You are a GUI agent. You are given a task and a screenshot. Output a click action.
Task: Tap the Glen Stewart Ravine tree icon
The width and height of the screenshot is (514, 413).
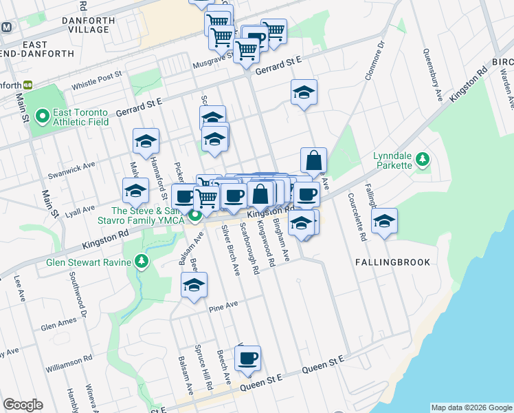tap(142, 262)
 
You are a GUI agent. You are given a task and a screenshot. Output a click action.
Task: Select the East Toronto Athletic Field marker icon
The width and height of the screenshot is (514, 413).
tap(41, 116)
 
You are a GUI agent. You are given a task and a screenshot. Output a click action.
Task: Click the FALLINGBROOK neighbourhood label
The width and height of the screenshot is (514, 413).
tap(393, 262)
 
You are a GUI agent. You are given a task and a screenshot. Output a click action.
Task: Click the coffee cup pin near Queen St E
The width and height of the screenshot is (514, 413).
tap(247, 359)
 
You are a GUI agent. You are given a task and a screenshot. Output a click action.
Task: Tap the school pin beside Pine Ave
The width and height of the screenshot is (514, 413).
tap(194, 285)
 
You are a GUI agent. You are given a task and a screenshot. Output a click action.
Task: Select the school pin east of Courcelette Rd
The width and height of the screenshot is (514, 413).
tap(385, 222)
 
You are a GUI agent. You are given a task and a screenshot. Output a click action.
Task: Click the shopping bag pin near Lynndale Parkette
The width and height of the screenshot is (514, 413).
tap(313, 161)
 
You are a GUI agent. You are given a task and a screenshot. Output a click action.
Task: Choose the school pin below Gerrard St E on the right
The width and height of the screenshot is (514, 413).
tap(304, 93)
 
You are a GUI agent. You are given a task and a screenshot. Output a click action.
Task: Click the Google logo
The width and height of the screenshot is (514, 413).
tap(23, 405)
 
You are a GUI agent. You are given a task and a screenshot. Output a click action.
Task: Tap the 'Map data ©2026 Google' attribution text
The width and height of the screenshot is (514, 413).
tap(471, 407)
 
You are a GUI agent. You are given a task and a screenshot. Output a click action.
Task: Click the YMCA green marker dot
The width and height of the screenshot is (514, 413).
tap(195, 215)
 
